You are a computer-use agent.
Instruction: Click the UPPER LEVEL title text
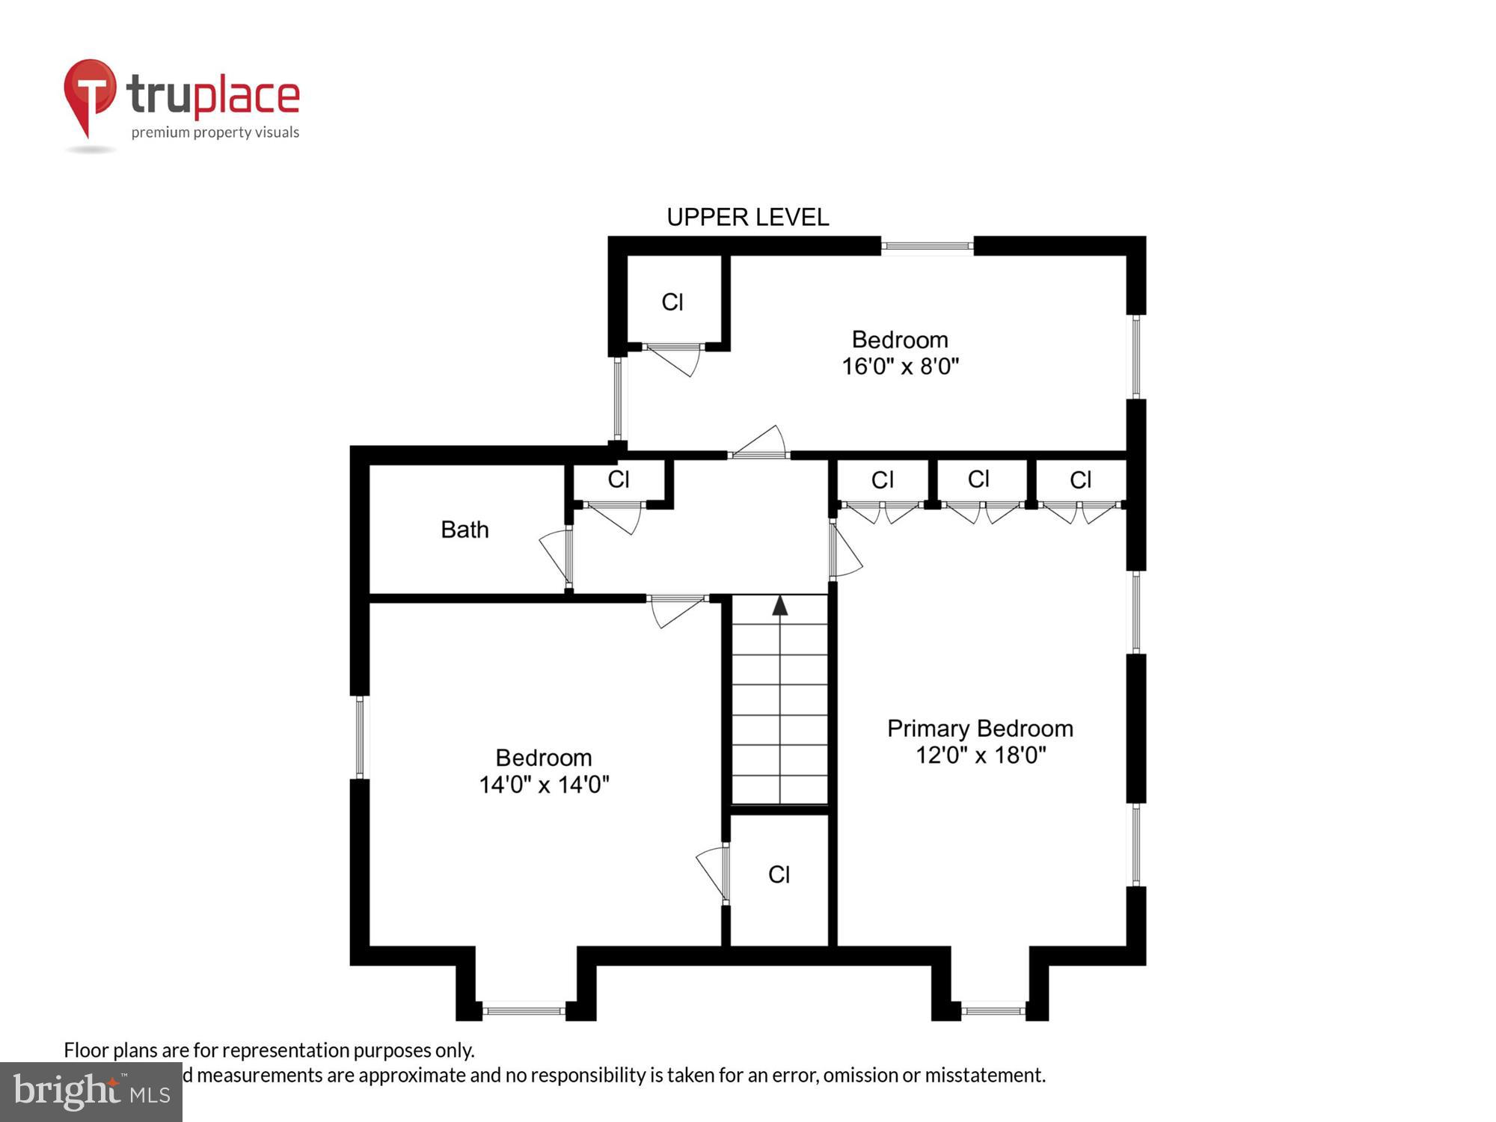747,217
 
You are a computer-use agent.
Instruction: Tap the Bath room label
465,530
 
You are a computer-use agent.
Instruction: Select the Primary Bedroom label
980,728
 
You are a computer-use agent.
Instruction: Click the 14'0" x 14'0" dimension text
544,785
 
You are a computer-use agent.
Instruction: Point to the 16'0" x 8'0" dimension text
900,367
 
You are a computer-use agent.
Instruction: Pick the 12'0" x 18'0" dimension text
980,755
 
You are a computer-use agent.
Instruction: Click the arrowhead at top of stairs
780,605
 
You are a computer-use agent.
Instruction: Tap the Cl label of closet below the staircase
779,874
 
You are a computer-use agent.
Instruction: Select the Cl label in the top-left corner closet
672,302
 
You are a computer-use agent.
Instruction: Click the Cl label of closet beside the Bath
618,479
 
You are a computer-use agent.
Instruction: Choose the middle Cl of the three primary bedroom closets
978,479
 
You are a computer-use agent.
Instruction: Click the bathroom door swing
554,557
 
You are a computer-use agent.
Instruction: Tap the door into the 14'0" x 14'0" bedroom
675,610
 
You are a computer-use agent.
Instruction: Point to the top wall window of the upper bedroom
927,245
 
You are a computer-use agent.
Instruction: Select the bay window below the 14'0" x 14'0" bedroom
524,1011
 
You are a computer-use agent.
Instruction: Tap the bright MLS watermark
91,1092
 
